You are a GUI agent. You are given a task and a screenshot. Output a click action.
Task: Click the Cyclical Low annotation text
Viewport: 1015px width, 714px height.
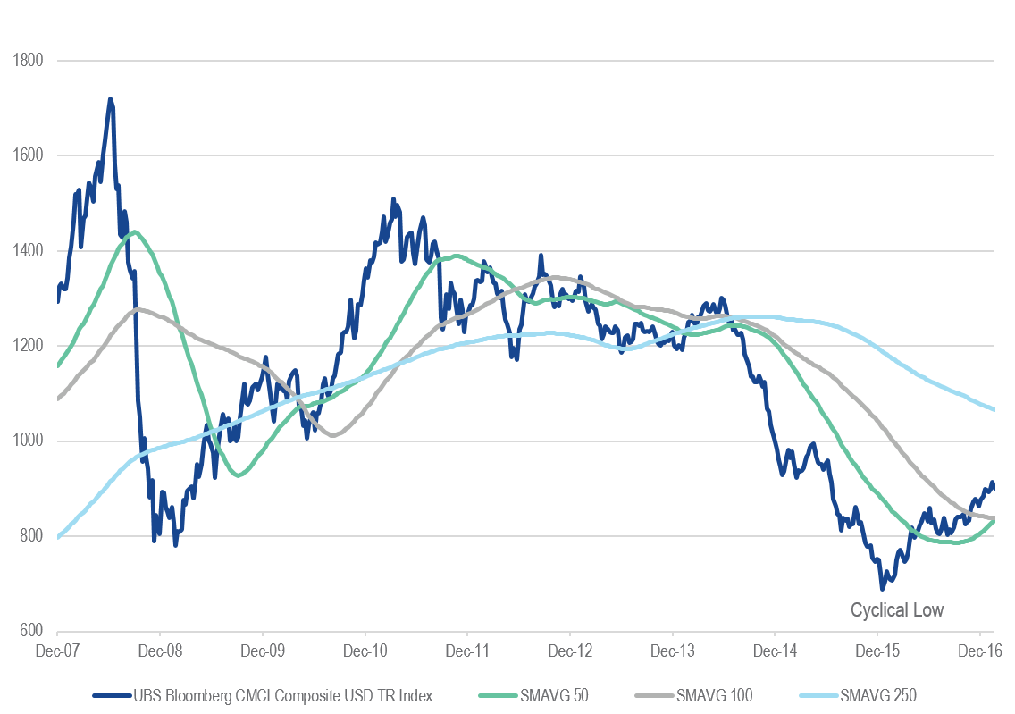896,610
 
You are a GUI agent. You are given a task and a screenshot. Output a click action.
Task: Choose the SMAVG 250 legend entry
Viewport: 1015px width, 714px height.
868,694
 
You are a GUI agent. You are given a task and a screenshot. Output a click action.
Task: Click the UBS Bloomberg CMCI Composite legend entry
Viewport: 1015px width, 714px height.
264,694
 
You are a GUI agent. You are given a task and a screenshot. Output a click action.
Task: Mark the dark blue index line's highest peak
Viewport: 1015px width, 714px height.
110,99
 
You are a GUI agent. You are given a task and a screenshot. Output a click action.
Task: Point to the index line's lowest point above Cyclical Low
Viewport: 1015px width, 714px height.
883,589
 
